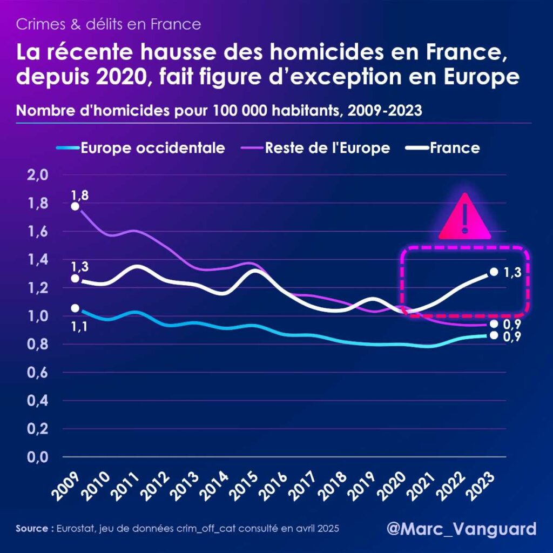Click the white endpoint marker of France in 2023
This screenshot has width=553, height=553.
click(x=493, y=272)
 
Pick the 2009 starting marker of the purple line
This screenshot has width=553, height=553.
click(x=75, y=206)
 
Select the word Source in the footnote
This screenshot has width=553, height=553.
click(x=32, y=528)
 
